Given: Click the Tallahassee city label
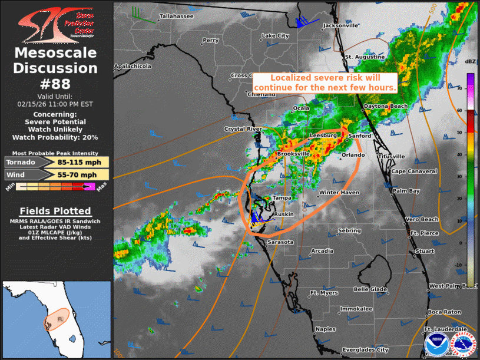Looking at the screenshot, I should [x=176, y=16].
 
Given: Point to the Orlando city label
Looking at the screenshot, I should [x=353, y=156].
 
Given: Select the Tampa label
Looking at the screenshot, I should [x=282, y=198].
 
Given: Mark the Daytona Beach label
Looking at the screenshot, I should [x=386, y=106].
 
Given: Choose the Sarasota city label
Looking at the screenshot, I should [x=280, y=242].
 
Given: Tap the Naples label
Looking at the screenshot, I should [x=325, y=329].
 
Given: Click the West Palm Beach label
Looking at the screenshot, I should [x=452, y=286].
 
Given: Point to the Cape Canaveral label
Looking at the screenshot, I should [x=415, y=171].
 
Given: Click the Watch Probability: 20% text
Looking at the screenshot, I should [x=56, y=137].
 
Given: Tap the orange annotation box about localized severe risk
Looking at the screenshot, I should [x=325, y=82].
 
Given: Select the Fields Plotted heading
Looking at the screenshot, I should [x=55, y=211].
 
